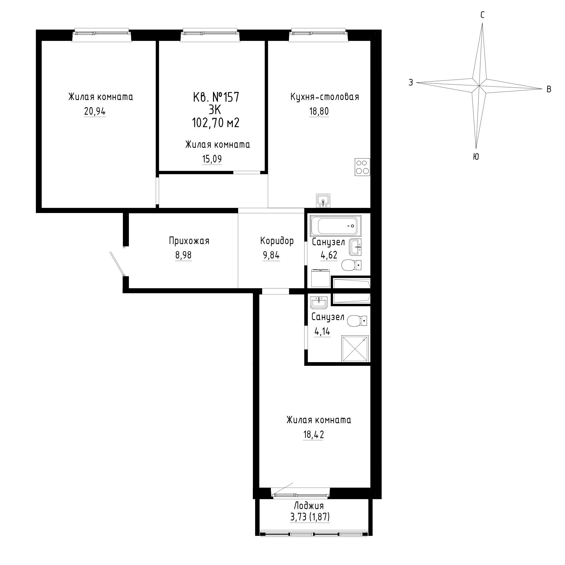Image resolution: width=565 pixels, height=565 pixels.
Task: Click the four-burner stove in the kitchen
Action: pyautogui.click(x=362, y=167)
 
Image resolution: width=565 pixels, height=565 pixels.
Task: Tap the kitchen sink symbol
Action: pyautogui.click(x=323, y=200)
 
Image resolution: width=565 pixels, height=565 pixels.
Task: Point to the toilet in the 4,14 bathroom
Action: pyautogui.click(x=357, y=321)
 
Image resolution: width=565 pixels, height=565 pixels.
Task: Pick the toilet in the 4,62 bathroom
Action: pyautogui.click(x=351, y=265)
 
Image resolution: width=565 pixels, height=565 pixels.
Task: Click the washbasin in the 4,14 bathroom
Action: pyautogui.click(x=319, y=302)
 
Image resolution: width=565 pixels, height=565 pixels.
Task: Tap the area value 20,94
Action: pyautogui.click(x=95, y=111)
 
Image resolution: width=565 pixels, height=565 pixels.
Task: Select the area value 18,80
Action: pyautogui.click(x=319, y=111)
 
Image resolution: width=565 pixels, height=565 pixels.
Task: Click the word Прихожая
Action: pyautogui.click(x=189, y=241)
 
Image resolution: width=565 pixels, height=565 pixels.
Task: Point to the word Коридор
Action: pyautogui.click(x=277, y=241)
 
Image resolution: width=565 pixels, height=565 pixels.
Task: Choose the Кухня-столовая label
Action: pyautogui.click(x=325, y=97)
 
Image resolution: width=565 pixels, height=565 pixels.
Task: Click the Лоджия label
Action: pyautogui.click(x=309, y=506)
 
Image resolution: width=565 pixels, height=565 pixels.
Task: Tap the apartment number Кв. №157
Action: pyautogui.click(x=216, y=97)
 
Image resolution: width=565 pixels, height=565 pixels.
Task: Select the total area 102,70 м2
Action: pyautogui.click(x=216, y=123)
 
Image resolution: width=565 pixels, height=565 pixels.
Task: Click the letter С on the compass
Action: pyautogui.click(x=483, y=15)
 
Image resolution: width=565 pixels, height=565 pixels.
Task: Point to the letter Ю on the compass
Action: pyautogui.click(x=476, y=157)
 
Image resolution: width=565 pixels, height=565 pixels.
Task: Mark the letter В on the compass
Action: pyautogui.click(x=549, y=89)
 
